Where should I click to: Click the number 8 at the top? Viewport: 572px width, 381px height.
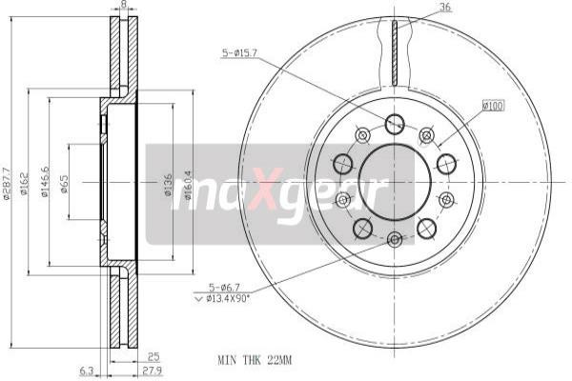[x=123, y=6]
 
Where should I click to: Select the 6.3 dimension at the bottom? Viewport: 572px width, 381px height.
[x=86, y=371]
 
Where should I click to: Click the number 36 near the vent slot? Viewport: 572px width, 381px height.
[x=444, y=9]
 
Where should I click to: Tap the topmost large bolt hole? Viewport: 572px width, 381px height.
[x=394, y=123]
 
